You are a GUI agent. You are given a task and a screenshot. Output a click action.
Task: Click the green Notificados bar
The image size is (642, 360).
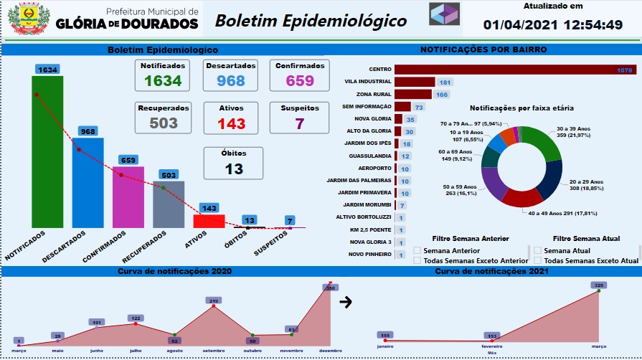click(x=47, y=151)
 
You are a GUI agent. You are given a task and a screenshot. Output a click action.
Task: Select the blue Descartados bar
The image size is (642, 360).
click(x=88, y=182)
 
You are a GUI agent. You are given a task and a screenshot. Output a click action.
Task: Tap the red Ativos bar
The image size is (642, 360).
click(x=209, y=221)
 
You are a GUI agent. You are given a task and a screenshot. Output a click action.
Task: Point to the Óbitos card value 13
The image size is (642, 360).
click(x=234, y=169)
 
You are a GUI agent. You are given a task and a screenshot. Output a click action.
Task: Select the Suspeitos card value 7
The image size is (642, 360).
click(x=299, y=123)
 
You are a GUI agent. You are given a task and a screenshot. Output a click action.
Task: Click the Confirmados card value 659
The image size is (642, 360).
click(x=300, y=80)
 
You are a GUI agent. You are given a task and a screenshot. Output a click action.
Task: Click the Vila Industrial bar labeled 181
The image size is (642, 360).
click(x=415, y=82)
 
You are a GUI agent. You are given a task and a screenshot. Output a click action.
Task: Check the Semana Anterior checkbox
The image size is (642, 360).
click(x=417, y=251)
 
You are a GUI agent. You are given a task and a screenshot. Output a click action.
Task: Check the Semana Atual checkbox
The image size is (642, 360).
click(x=537, y=251)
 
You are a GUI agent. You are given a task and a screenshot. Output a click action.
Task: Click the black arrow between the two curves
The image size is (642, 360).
click(x=346, y=302)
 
